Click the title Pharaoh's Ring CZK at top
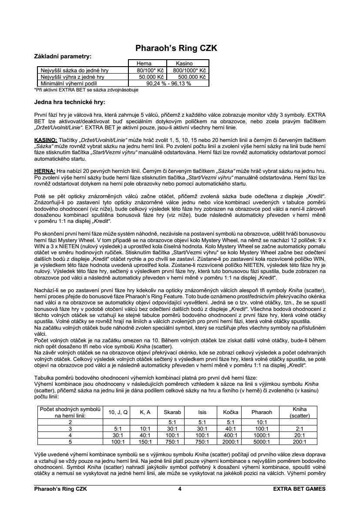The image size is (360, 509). (176, 47)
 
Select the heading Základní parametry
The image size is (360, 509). (63, 56)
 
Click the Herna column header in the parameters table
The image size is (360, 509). (144, 64)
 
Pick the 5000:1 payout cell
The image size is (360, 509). (262, 441)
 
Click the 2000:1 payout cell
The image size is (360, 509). (230, 441)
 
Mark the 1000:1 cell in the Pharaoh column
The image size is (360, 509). (262, 435)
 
